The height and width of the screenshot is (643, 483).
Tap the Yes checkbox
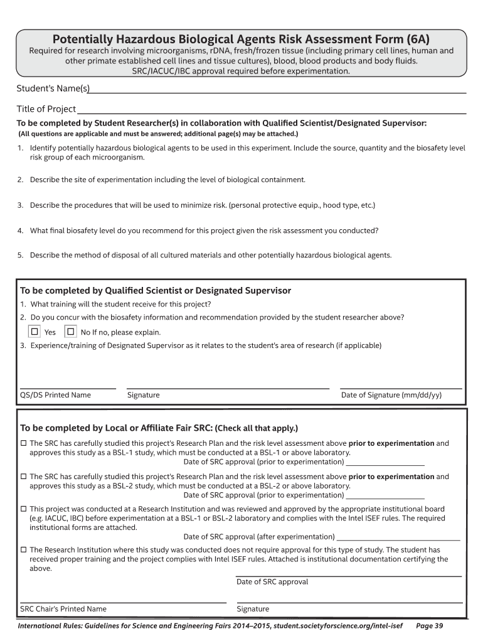point(35,332)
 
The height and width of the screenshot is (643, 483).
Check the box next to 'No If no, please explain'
point(71,332)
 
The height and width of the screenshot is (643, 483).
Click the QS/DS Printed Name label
point(56,395)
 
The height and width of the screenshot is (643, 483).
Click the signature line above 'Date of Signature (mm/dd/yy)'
point(400,388)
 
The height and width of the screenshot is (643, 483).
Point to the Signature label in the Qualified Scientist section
point(143,395)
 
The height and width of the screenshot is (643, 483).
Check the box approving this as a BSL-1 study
point(24,443)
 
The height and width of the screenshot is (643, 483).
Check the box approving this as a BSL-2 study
point(24,477)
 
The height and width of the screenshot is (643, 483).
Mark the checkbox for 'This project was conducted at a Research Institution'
point(24,509)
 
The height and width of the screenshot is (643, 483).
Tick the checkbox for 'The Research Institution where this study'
point(24,549)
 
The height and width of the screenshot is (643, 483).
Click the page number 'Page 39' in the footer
point(430,626)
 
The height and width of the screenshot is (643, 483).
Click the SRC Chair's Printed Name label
point(63,608)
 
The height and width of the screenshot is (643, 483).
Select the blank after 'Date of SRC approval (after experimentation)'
point(398,538)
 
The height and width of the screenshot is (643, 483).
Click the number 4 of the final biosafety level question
point(20,230)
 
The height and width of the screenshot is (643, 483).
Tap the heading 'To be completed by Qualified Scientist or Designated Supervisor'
point(156,291)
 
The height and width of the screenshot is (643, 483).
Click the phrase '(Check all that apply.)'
point(257,428)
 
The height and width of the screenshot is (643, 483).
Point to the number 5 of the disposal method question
point(20,256)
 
